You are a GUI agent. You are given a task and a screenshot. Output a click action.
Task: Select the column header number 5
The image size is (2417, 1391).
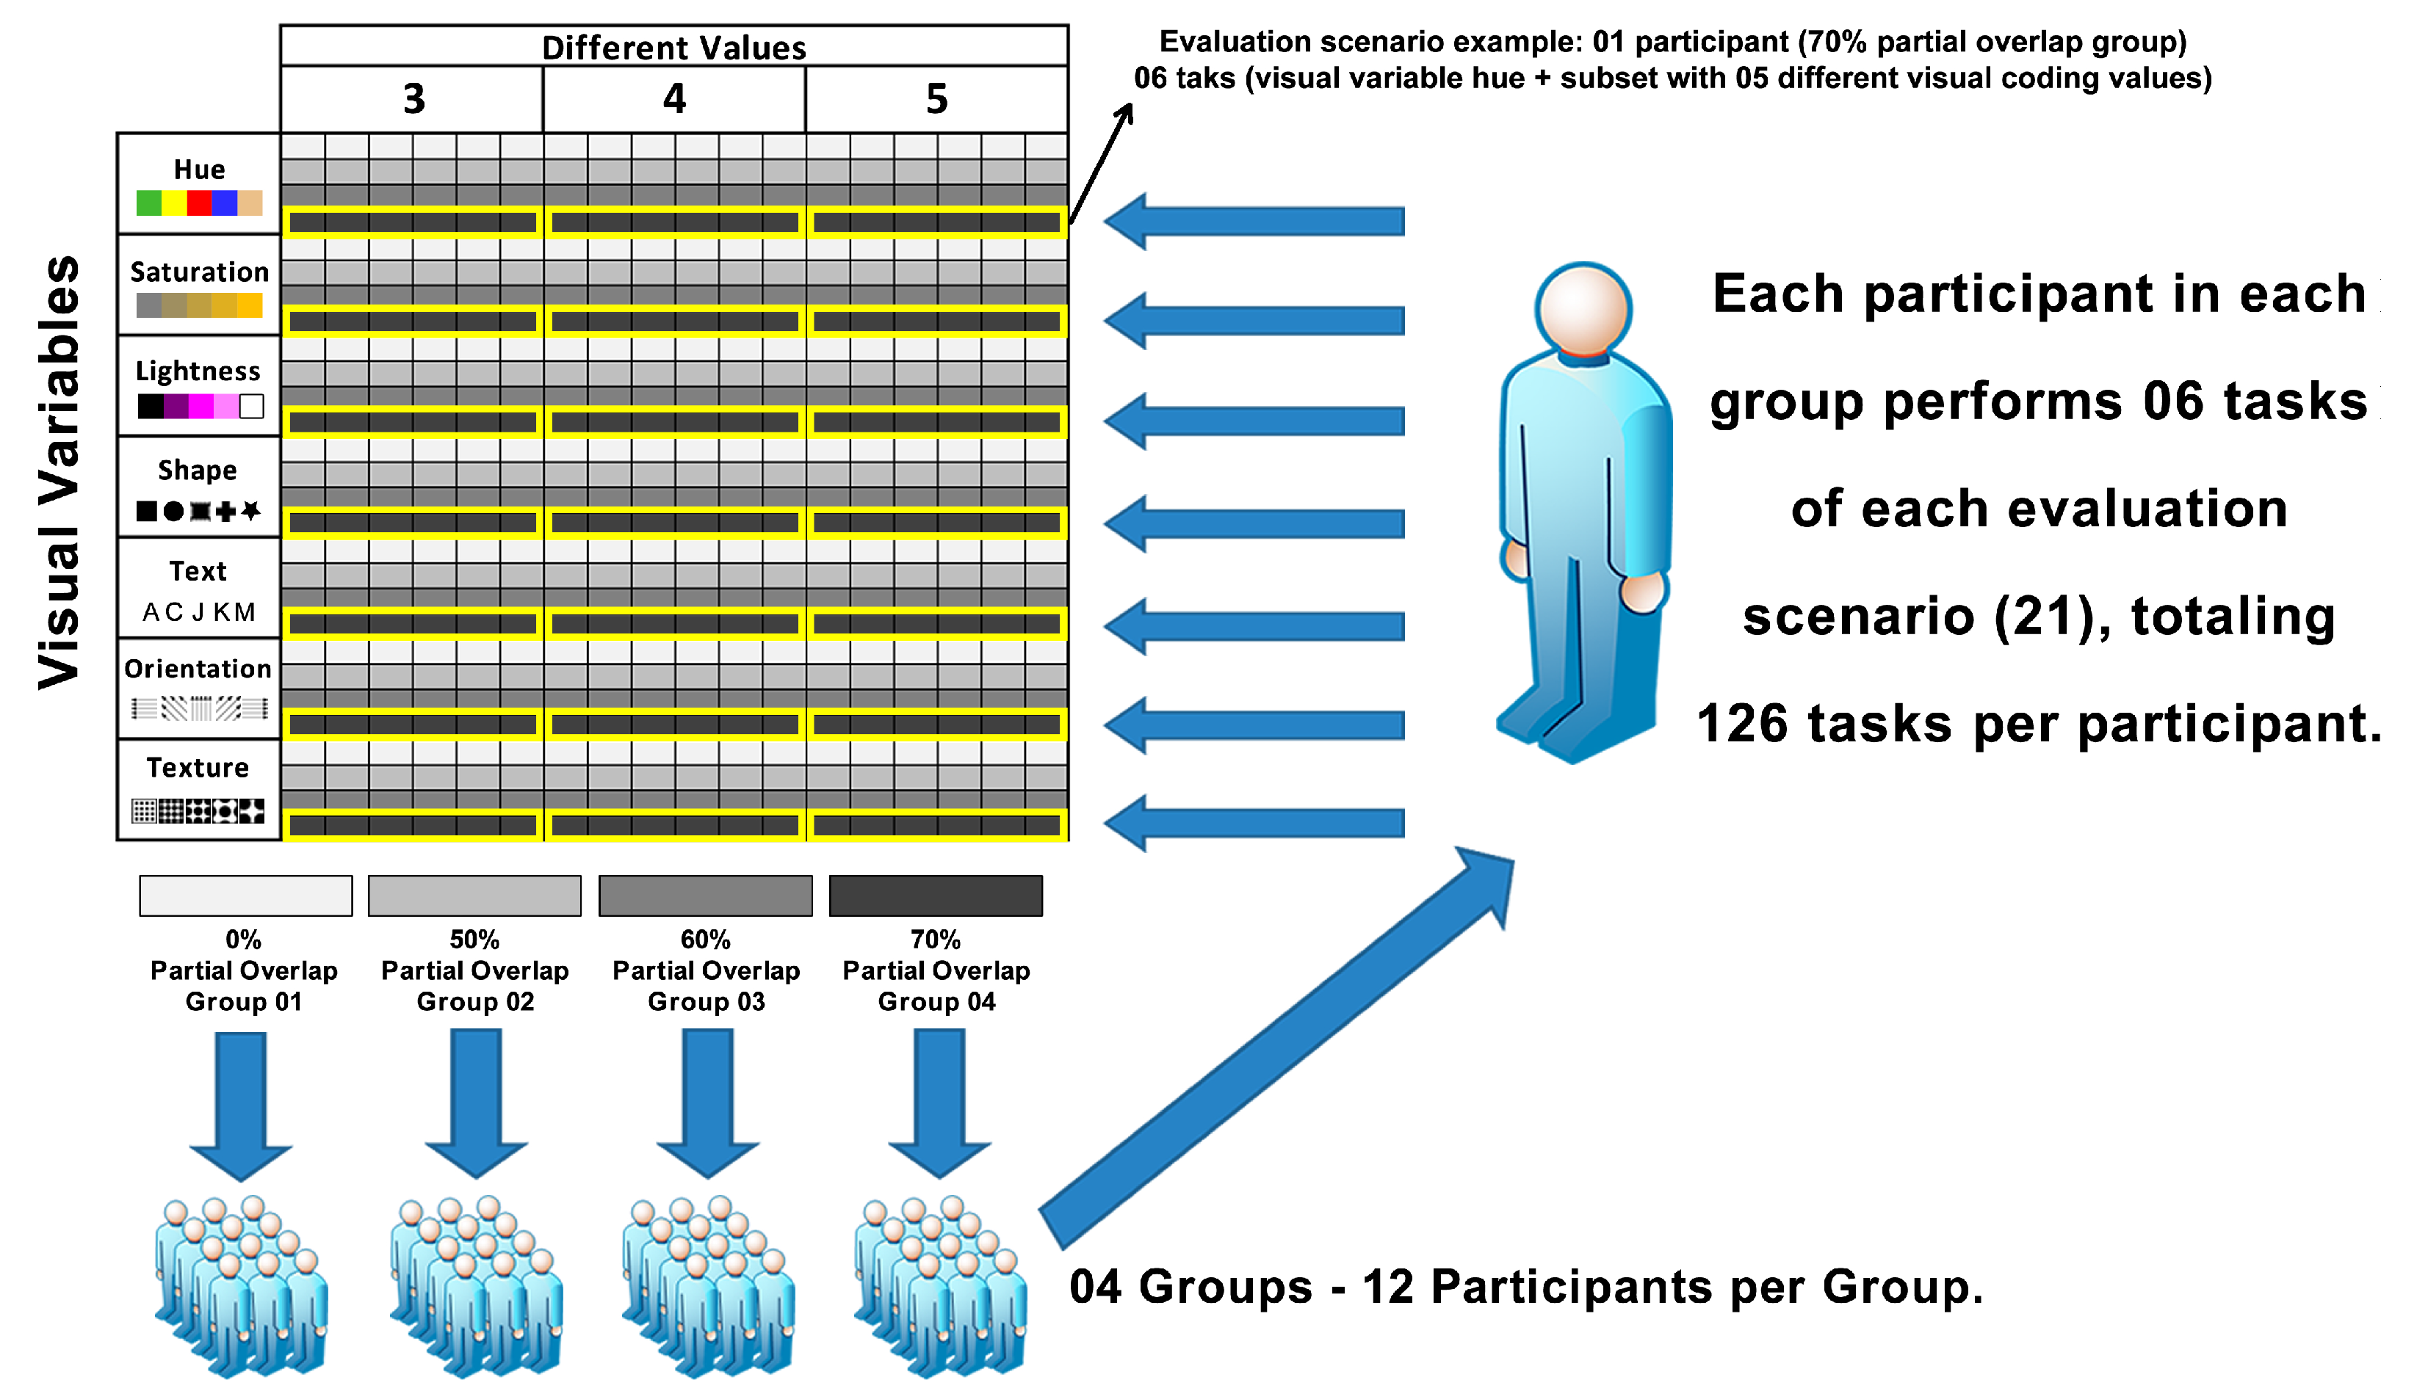(x=936, y=98)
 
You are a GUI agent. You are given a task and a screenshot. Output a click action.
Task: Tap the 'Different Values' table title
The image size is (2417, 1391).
(x=673, y=47)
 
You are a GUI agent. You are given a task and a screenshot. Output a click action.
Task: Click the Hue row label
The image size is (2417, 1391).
(x=199, y=169)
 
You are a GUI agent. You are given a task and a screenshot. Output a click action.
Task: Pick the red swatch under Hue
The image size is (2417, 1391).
(x=199, y=203)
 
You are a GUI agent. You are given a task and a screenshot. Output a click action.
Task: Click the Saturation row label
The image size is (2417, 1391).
(x=199, y=272)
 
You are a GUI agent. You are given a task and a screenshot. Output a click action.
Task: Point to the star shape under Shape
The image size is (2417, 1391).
(x=251, y=511)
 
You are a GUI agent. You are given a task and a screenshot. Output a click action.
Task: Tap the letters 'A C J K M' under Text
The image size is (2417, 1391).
(x=199, y=611)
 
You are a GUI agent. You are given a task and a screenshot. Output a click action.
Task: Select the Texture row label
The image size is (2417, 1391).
(x=198, y=767)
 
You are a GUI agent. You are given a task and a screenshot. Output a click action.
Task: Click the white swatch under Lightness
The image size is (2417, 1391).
(x=251, y=407)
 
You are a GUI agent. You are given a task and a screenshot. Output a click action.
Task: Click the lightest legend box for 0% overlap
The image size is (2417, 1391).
(x=245, y=896)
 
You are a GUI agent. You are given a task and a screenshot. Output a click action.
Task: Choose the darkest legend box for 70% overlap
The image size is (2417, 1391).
(x=936, y=896)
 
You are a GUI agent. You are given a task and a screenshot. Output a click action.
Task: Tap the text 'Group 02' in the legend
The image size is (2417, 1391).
(x=475, y=1001)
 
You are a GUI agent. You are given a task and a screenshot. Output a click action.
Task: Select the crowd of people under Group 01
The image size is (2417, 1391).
(x=242, y=1285)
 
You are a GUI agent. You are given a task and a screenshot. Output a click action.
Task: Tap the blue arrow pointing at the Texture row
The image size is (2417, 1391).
(x=1252, y=823)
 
